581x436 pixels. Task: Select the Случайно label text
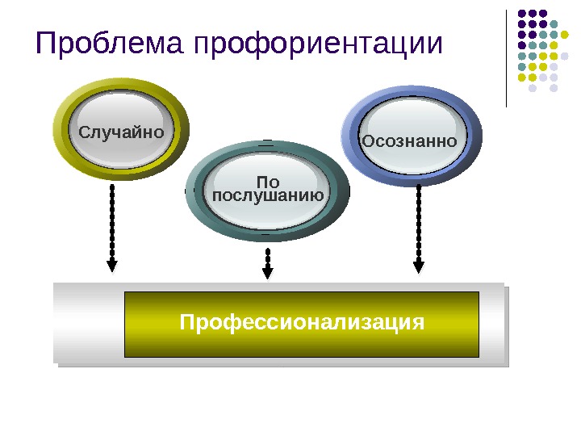(x=121, y=131)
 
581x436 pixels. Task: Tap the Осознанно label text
(x=410, y=142)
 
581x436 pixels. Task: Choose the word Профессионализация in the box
(x=302, y=323)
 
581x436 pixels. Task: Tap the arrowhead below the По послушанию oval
(x=268, y=272)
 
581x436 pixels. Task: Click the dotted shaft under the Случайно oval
(x=112, y=218)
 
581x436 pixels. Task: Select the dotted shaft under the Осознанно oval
(x=418, y=218)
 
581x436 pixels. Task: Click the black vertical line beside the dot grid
(x=506, y=57)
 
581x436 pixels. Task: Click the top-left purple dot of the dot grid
(x=522, y=13)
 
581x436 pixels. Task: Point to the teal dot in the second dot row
(x=554, y=24)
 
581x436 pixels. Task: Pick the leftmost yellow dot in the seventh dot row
(x=522, y=78)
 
